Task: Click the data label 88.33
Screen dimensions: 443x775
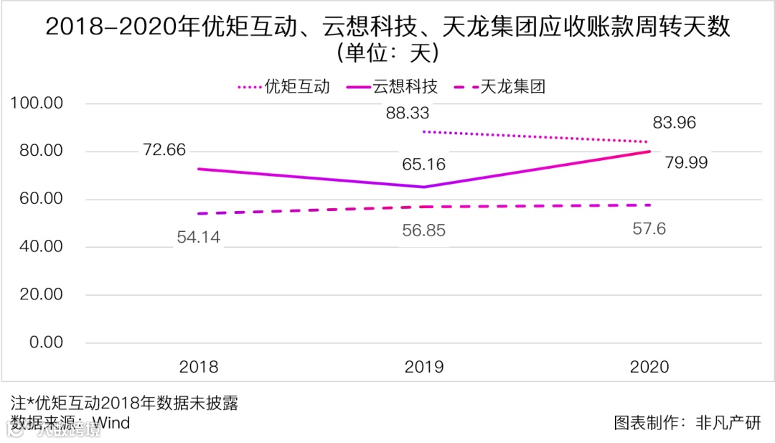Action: click(x=407, y=113)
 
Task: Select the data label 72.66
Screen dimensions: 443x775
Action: click(x=164, y=150)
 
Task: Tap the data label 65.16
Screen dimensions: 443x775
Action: click(x=424, y=164)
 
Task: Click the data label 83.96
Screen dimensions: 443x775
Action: click(x=674, y=123)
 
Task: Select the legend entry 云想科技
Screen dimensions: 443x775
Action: click(x=404, y=87)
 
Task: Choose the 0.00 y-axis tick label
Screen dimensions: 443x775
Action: click(x=45, y=342)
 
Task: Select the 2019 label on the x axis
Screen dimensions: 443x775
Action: click(x=424, y=367)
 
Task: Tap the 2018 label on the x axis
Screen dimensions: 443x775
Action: click(x=199, y=367)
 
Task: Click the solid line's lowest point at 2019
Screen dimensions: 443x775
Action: click(x=424, y=187)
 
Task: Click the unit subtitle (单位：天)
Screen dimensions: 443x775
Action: click(x=387, y=54)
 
